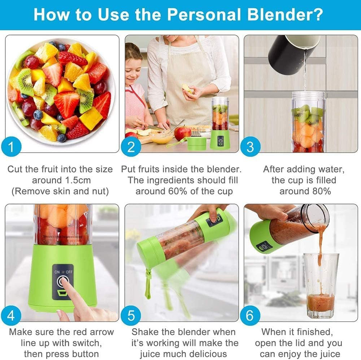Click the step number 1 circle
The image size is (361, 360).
[11, 147]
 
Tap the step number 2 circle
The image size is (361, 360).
[131, 147]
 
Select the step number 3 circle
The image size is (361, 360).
[250, 147]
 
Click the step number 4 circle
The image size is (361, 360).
[11, 316]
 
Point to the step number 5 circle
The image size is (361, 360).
[131, 316]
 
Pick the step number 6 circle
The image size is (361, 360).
[250, 316]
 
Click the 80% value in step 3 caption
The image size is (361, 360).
[319, 191]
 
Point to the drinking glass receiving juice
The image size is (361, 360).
[321, 285]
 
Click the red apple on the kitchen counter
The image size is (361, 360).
[183, 133]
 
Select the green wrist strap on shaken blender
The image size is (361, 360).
[148, 285]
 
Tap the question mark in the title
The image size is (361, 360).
[317, 15]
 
